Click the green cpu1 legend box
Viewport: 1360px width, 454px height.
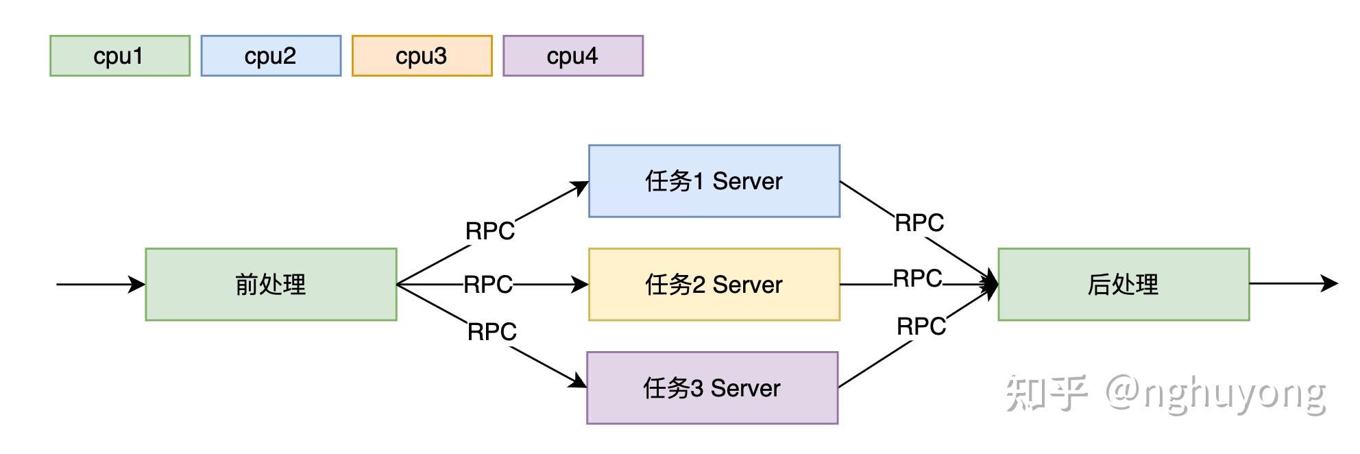point(119,56)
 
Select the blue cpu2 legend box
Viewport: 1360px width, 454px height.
point(271,56)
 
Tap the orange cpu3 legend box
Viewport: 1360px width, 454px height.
point(422,56)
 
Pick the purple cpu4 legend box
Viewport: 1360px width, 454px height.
point(573,56)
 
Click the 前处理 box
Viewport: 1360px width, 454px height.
point(271,284)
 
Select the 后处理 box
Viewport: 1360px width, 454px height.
point(1123,284)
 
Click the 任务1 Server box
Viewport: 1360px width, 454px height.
point(714,181)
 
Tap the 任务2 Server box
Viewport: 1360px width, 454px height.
point(714,284)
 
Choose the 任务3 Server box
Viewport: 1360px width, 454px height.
point(712,387)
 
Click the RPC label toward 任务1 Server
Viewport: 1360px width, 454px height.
point(489,231)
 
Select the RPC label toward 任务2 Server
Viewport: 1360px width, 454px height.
point(487,284)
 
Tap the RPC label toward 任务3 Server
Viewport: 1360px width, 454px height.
point(491,332)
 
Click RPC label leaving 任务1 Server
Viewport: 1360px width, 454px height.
point(919,222)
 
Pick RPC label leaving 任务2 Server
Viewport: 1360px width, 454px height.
point(917,278)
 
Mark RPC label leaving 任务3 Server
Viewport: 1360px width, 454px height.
point(921,326)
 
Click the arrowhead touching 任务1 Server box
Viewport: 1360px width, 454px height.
point(581,187)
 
